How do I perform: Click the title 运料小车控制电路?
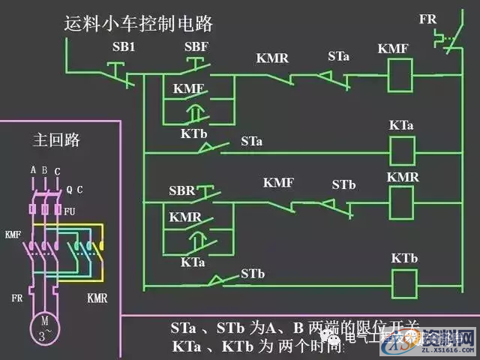[139, 23]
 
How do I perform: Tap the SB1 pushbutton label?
[124, 47]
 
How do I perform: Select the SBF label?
[196, 47]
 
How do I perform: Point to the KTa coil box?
[403, 150]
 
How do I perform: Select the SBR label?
[183, 190]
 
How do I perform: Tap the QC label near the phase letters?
[74, 190]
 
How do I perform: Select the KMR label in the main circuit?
[97, 298]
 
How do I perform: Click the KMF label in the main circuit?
[13, 234]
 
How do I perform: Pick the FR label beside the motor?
[17, 298]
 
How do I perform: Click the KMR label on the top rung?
[272, 58]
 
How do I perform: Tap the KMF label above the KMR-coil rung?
[278, 183]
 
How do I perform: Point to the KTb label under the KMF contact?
[193, 133]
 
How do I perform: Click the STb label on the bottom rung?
[253, 274]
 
